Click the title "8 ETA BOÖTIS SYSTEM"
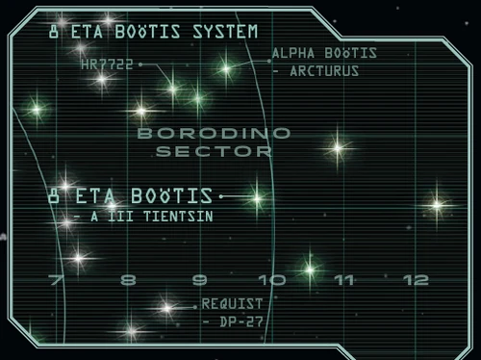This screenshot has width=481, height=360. tap(152, 32)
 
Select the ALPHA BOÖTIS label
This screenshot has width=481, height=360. tap(323, 53)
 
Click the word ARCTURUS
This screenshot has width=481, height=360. tap(327, 70)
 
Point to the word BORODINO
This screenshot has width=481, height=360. tap(205, 134)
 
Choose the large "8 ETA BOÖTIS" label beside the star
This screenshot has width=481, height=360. tap(131, 195)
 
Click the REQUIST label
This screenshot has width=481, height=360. tap(232, 303)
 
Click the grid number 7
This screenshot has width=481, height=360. tap(55, 280)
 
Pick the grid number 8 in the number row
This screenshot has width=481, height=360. tap(128, 280)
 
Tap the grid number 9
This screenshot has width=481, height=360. tap(200, 280)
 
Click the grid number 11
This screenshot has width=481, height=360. tap(344, 280)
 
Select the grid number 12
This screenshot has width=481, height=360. tap(417, 280)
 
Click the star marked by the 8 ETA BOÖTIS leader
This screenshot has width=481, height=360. tap(256, 197)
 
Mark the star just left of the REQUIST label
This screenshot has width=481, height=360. tap(165, 309)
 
